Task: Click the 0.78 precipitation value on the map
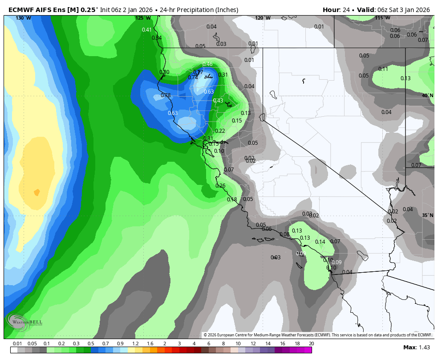point(166,95)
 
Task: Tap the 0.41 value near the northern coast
point(147,30)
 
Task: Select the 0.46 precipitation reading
point(207,65)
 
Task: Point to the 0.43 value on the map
point(218,101)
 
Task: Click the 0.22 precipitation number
point(220,131)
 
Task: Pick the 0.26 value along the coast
point(220,186)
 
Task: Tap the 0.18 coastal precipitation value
point(232,200)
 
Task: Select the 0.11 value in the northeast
point(383,69)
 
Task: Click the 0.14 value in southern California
point(320,242)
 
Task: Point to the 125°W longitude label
point(143,18)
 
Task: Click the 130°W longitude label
point(23,18)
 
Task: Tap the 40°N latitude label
point(428,95)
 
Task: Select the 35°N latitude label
point(428,215)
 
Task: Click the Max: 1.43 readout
point(417,348)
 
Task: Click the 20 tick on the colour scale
point(311,344)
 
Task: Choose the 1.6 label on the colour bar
point(150,344)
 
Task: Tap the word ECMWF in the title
point(20,10)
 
